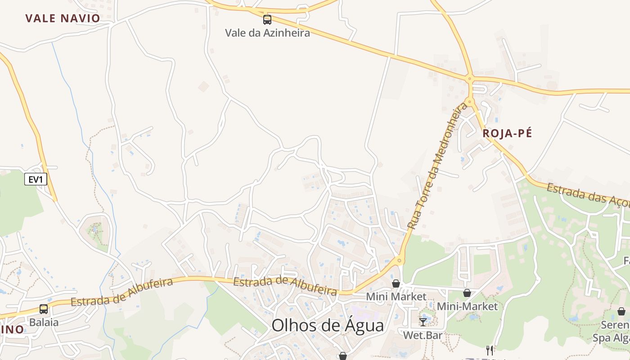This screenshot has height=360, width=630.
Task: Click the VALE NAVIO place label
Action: tap(63, 18)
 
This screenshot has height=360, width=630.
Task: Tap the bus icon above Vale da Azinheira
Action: tap(267, 19)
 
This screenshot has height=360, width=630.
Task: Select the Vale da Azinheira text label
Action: tap(267, 33)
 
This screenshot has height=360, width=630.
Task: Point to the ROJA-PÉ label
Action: tap(507, 133)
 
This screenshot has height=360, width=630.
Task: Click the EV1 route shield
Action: tap(36, 180)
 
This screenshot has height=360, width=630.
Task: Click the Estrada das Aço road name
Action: tap(587, 193)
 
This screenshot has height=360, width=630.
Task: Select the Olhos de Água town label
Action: tap(328, 325)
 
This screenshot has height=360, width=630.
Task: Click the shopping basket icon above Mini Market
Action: tap(396, 283)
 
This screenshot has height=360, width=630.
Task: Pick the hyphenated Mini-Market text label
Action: tap(468, 306)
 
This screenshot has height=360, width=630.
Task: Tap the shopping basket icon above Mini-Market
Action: tap(467, 293)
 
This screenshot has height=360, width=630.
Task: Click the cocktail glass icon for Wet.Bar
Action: tap(423, 322)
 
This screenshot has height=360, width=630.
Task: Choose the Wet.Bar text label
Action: tap(423, 335)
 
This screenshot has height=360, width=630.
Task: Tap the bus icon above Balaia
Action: tap(44, 309)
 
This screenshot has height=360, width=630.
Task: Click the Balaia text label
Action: tap(44, 322)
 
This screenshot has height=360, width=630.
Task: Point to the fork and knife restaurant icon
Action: tap(490, 351)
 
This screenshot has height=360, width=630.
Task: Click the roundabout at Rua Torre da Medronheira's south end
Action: tap(400, 260)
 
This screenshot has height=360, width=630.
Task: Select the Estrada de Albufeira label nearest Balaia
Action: tap(122, 292)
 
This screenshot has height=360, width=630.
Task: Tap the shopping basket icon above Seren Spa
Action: tap(621, 311)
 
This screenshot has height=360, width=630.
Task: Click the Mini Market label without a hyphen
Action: tap(396, 297)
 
